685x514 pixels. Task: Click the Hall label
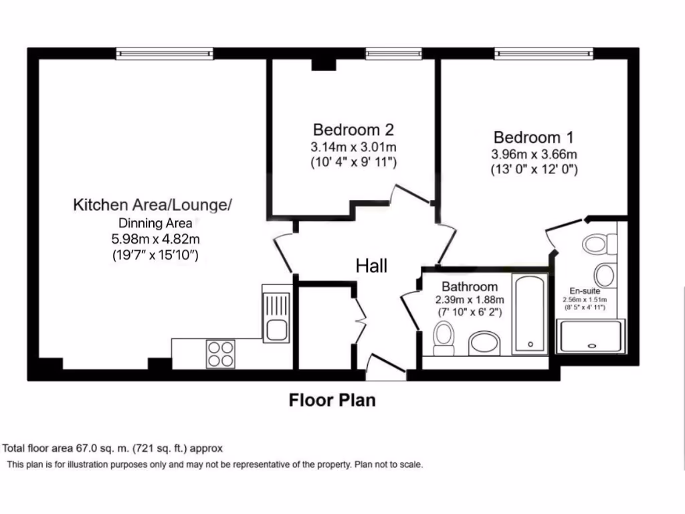371,266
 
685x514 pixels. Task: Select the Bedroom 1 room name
533,138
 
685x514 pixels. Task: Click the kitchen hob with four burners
221,353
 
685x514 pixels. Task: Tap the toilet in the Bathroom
444,337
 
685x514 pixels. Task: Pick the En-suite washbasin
605,274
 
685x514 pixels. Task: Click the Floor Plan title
332,400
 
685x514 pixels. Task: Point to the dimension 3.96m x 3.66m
533,155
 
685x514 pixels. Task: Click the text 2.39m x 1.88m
470,299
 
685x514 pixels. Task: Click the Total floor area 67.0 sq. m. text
113,448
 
